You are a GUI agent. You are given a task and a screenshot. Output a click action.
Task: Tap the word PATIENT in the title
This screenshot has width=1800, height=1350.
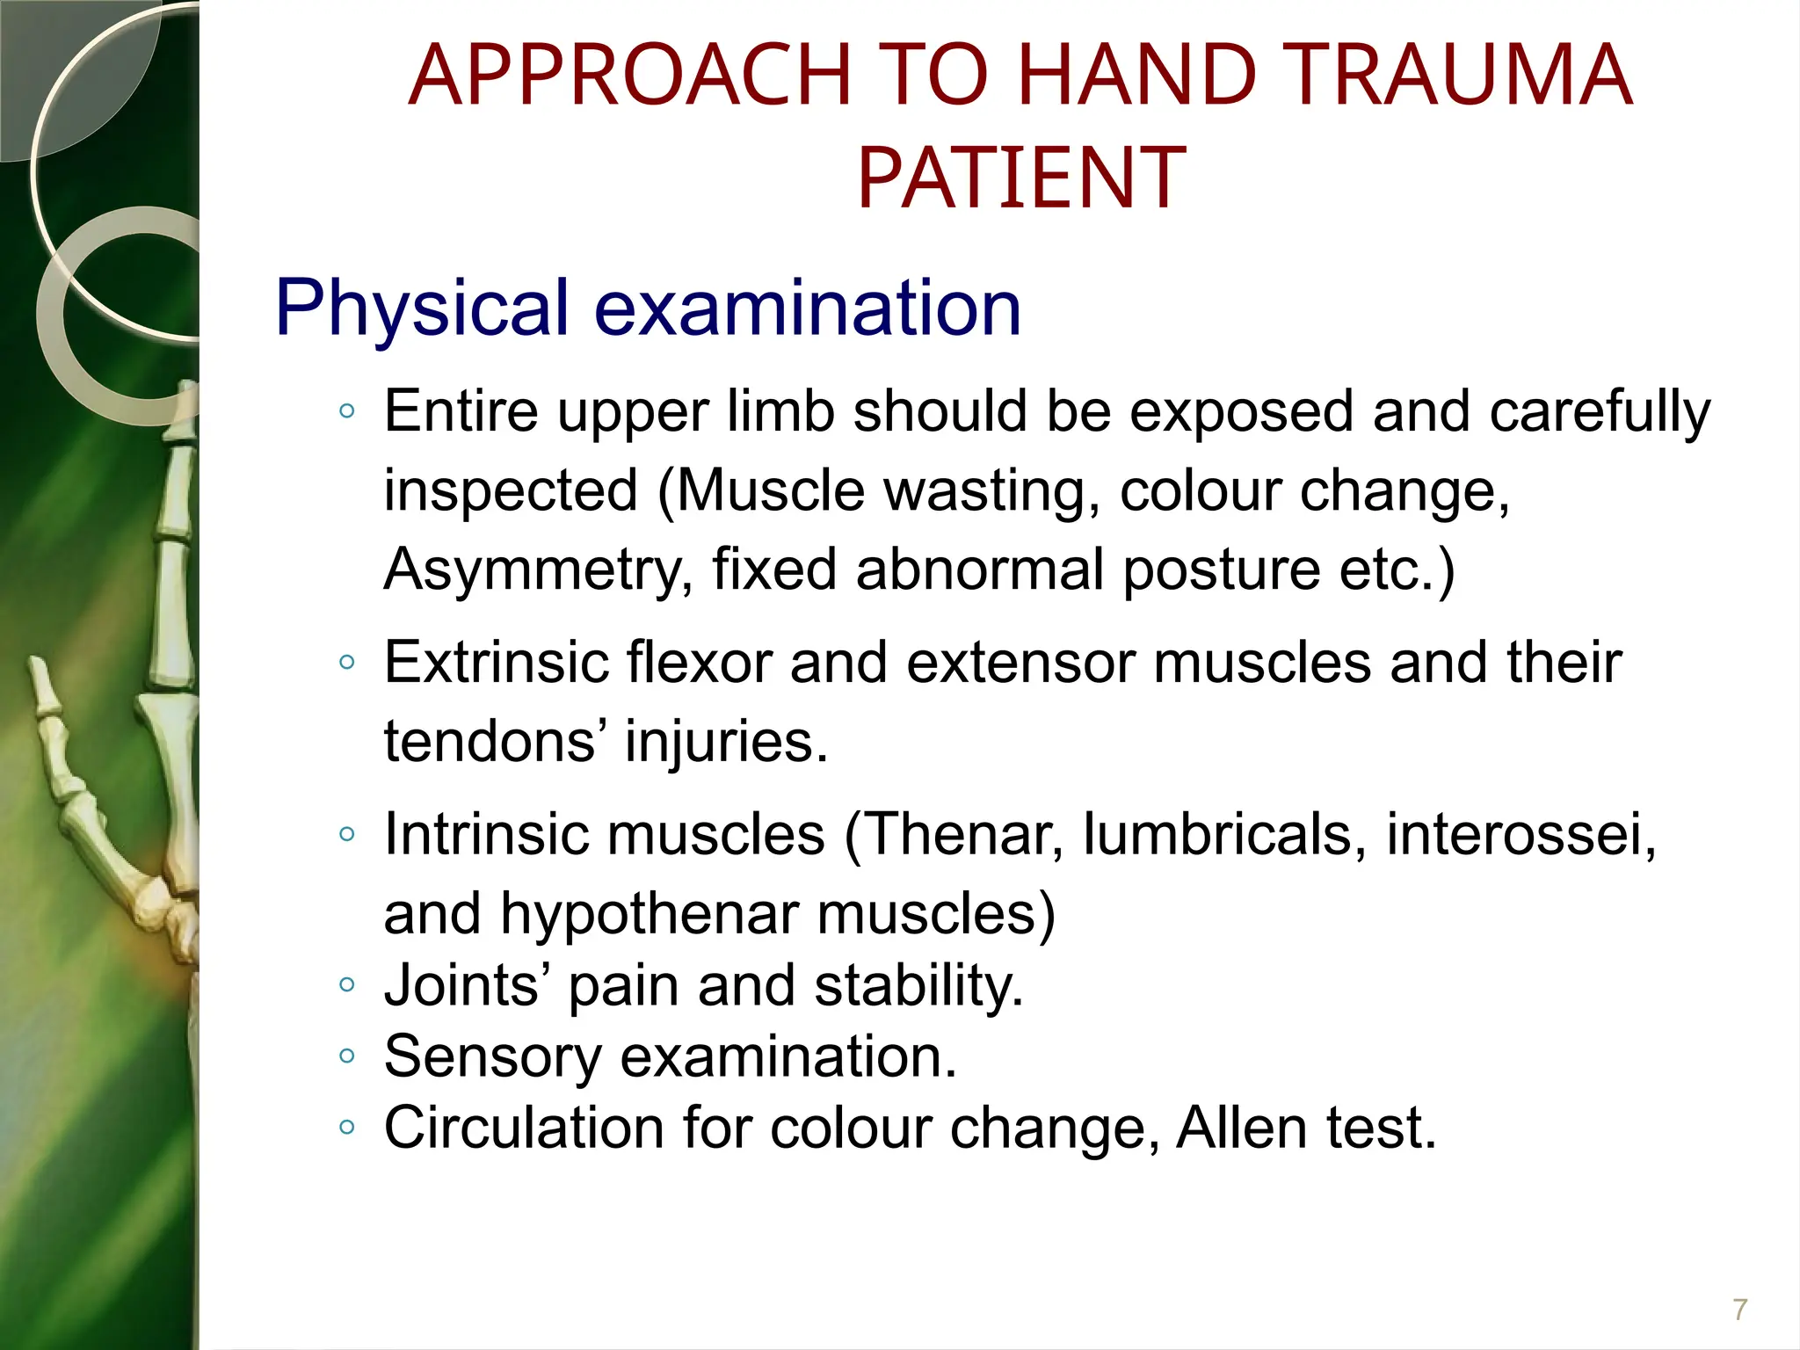tap(1021, 179)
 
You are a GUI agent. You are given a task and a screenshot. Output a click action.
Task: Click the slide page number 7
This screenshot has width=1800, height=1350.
tap(1739, 1310)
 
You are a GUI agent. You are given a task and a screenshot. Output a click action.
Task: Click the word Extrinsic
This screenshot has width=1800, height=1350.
tap(496, 662)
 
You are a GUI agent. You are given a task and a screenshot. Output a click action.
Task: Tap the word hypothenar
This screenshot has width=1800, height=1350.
tap(649, 913)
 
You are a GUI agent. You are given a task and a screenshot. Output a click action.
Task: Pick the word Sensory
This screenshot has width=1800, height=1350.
tap(492, 1056)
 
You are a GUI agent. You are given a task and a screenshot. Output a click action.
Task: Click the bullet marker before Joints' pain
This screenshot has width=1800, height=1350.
tap(347, 985)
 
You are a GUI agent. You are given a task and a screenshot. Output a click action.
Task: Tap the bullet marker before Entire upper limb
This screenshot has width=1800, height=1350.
tap(347, 410)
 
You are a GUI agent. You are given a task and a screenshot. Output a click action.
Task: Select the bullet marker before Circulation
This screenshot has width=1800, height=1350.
tap(347, 1128)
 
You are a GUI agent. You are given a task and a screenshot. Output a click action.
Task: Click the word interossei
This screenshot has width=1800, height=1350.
tap(1521, 833)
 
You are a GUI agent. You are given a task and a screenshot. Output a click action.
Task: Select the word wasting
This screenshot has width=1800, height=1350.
tap(991, 490)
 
